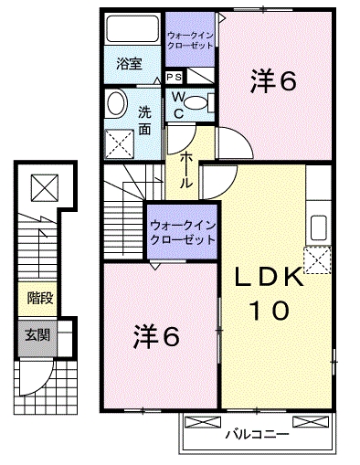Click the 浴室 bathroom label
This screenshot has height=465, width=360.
tap(131, 63)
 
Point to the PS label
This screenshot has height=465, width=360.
tap(174, 78)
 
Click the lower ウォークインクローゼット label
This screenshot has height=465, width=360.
tap(183, 231)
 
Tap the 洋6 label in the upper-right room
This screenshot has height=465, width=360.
tap(273, 82)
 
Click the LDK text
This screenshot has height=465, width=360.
tap(271, 276)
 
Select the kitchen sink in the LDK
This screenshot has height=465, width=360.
tap(320, 227)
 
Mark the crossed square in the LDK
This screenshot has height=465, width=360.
tap(318, 261)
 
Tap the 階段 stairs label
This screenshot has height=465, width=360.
tap(38, 297)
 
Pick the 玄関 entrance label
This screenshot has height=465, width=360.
tap(38, 334)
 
